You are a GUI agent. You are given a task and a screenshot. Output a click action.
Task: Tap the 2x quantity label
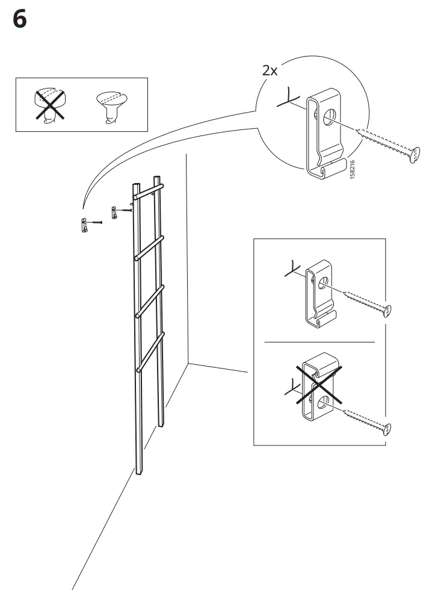pyautogui.click(x=270, y=70)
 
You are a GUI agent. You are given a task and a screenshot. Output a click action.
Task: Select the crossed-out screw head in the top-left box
pyautogui.click(x=50, y=105)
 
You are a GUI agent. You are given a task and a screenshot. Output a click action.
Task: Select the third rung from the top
pyautogui.click(x=150, y=301)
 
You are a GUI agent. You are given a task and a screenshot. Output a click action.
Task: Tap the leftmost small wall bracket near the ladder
pyautogui.click(x=85, y=225)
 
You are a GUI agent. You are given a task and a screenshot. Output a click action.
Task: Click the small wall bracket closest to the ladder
pyautogui.click(x=113, y=212)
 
